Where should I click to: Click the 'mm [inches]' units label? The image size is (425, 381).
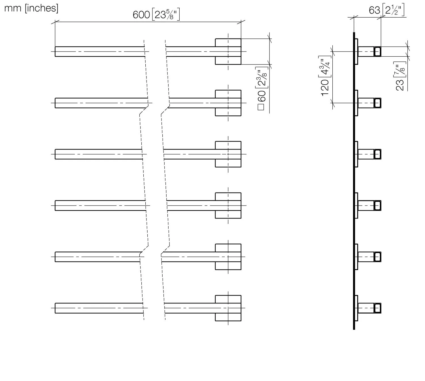[x=31, y=8]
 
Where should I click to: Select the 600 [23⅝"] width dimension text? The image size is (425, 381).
[x=156, y=15]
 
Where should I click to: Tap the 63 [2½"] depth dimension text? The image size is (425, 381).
[x=387, y=10]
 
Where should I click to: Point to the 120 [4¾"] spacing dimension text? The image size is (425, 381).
[x=325, y=76]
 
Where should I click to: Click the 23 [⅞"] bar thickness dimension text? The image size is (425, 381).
[x=400, y=76]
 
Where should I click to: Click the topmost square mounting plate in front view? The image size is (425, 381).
[x=228, y=52]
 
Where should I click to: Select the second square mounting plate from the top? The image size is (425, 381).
[x=228, y=103]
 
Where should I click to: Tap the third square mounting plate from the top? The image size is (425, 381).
[x=228, y=154]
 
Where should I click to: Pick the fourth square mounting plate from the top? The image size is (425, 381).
[x=228, y=206]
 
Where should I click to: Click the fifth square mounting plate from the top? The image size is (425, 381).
[x=228, y=257]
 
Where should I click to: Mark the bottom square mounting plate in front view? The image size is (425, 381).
[x=228, y=308]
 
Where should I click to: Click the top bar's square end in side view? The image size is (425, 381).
[x=377, y=52]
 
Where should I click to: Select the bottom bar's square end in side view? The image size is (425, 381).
[x=377, y=308]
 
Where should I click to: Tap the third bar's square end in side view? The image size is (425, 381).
[x=377, y=154]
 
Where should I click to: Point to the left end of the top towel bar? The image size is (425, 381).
[x=55, y=52]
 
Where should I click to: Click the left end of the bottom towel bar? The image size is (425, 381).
[x=55, y=308]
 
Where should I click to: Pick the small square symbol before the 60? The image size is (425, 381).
[x=261, y=107]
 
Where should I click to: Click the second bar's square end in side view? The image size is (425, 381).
[x=377, y=103]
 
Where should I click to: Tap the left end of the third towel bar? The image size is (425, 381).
[x=55, y=154]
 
